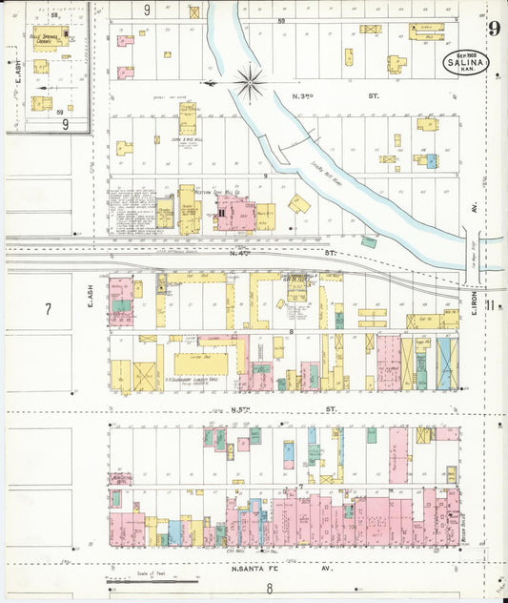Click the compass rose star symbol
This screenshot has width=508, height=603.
[250, 83]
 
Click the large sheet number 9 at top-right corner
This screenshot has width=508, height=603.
[494, 28]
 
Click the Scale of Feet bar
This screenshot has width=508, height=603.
[152, 578]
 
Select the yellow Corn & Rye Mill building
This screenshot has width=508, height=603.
[187, 118]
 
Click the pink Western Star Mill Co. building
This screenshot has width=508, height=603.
[234, 213]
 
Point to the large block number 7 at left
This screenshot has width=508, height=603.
[47, 308]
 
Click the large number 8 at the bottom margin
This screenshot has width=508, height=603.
[269, 588]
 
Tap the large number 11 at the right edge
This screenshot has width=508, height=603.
[490, 305]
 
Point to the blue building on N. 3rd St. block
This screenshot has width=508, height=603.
[430, 161]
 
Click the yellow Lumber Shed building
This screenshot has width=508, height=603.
[200, 364]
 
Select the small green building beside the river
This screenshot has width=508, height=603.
[368, 241]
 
